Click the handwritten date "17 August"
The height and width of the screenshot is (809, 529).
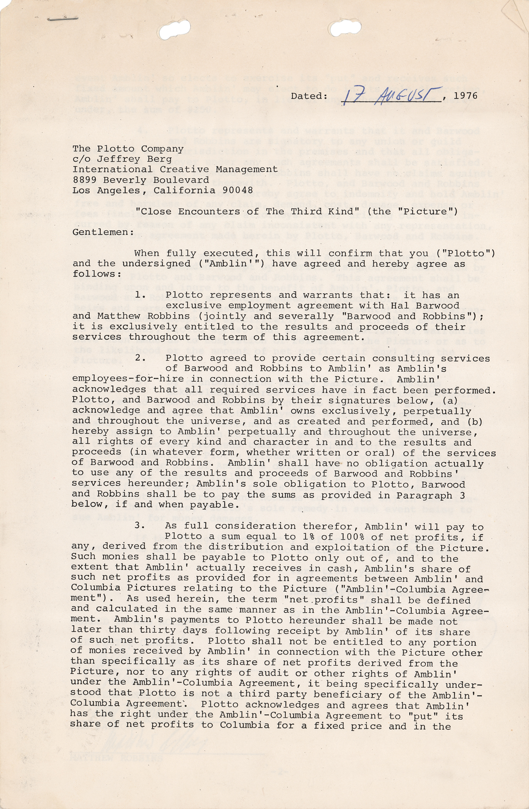tap(391, 95)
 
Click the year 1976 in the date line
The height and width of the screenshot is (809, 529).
tap(465, 96)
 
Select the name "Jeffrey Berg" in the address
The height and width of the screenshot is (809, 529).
tap(134, 159)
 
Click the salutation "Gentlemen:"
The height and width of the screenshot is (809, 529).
tap(103, 232)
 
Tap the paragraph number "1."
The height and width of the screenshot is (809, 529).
tap(140, 295)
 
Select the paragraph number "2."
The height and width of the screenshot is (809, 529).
tap(140, 358)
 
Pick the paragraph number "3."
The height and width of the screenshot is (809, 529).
tap(140, 526)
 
